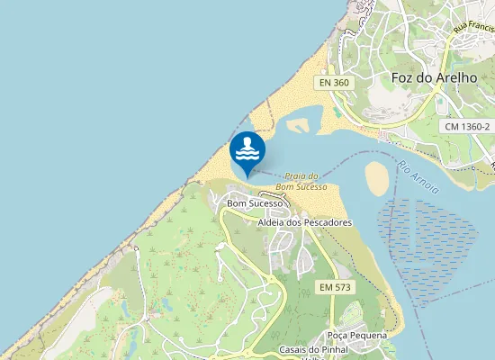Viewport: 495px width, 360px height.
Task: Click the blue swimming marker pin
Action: click(x=247, y=152)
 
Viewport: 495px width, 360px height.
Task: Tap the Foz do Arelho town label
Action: click(x=427, y=77)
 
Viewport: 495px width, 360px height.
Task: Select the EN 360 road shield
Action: click(x=333, y=82)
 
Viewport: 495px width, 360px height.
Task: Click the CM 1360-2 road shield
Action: click(x=467, y=127)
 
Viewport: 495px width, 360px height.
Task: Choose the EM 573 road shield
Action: click(x=335, y=286)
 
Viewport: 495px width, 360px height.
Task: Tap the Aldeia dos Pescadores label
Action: click(x=304, y=221)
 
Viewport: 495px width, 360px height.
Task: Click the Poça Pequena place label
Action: click(x=357, y=335)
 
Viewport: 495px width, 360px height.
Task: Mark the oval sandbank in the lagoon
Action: click(x=378, y=177)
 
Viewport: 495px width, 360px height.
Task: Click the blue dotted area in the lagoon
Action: click(x=436, y=252)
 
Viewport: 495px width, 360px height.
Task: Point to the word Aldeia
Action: click(x=272, y=221)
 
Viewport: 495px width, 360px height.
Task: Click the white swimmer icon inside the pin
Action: click(x=247, y=148)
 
